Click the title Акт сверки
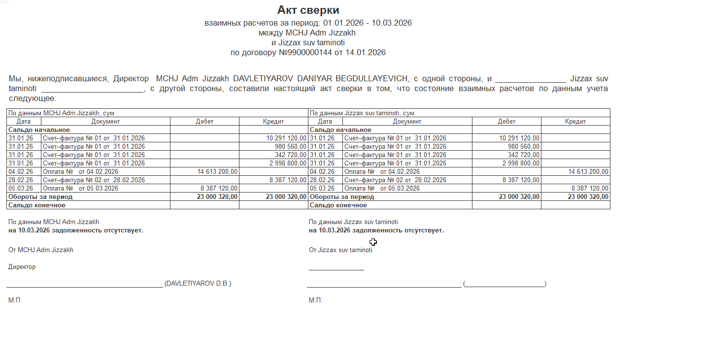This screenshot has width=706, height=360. (x=308, y=10)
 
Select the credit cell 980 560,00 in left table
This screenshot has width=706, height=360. (x=291, y=146)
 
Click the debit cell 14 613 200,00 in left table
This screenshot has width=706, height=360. (x=218, y=171)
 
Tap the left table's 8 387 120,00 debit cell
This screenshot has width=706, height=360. (x=219, y=188)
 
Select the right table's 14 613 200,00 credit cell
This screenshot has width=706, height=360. (x=588, y=171)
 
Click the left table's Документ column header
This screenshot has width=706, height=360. (x=105, y=121)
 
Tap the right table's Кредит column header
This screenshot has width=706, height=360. (x=575, y=121)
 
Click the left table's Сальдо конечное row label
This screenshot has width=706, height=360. (x=37, y=205)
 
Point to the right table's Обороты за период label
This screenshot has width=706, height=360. (x=341, y=196)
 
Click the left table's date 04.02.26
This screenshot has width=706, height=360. (x=21, y=171)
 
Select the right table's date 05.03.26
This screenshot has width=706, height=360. (x=322, y=188)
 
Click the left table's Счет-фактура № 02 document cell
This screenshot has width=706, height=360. (x=94, y=180)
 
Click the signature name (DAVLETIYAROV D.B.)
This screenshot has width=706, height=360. (x=198, y=284)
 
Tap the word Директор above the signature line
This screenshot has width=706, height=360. (x=22, y=267)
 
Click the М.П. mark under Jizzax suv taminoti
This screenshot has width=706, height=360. (x=315, y=300)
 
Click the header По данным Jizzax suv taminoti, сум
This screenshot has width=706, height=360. (x=362, y=113)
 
